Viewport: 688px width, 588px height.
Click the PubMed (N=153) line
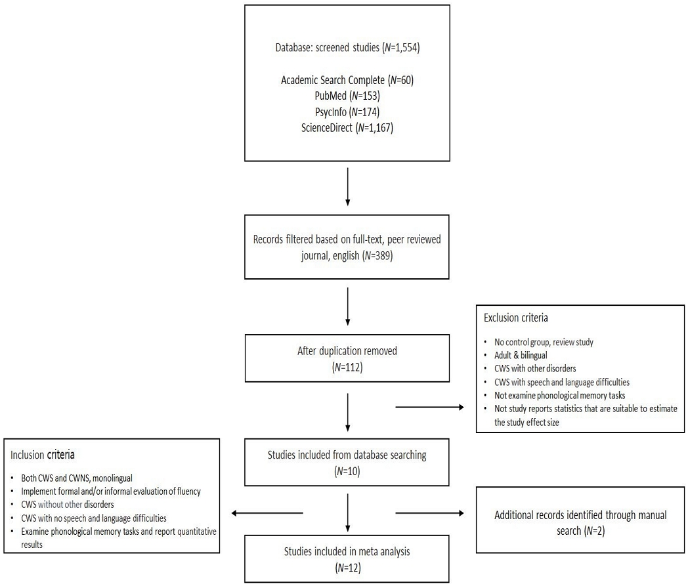347,96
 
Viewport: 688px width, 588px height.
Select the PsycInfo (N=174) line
347,112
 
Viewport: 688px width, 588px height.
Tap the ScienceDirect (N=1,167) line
347,127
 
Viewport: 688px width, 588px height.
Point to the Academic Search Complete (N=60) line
347,80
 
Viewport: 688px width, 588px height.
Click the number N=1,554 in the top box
401,47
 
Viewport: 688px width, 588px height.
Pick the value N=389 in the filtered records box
377,256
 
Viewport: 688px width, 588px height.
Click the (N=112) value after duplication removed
347,367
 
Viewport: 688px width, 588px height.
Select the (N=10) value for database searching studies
347,471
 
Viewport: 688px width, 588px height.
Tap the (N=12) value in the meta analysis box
348,568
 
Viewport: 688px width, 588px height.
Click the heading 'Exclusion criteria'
515,318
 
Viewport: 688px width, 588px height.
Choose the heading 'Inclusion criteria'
43,455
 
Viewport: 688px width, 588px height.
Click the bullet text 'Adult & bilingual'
521,355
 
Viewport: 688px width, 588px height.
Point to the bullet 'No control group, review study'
544,342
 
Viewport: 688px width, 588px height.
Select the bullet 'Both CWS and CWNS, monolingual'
77,478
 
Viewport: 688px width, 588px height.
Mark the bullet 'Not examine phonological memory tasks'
560,396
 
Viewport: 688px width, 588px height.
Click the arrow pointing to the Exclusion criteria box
429,408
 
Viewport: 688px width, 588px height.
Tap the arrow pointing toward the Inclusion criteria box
267,513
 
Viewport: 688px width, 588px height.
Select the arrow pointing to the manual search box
429,513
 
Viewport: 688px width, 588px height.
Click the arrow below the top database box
347,187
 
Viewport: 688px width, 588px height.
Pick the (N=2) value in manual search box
594,531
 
